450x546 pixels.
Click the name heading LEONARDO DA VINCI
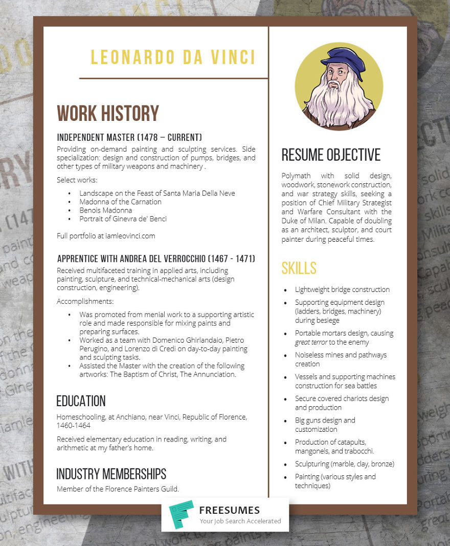pos(173,57)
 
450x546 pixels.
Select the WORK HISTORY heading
pos(108,114)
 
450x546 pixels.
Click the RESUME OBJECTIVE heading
pos(331,155)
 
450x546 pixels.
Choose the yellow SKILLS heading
pos(299,268)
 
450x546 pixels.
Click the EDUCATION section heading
pos(81,401)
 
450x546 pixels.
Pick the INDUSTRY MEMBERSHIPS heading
pos(111,474)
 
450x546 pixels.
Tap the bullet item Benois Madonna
pos(105,210)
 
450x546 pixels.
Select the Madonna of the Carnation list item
pos(120,202)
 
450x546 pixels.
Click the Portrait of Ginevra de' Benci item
pos(123,219)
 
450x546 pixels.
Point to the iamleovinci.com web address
pos(130,236)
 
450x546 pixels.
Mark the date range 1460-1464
pos(73,426)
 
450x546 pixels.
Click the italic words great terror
pos(311,342)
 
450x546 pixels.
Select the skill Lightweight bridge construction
pos(342,289)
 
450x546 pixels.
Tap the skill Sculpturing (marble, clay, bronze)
pos(344,464)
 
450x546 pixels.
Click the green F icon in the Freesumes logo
pos(181,515)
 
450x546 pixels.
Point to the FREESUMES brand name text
pos(229,510)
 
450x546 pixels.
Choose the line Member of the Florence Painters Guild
pos(118,489)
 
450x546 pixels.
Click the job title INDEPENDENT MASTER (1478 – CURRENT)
pos(129,137)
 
